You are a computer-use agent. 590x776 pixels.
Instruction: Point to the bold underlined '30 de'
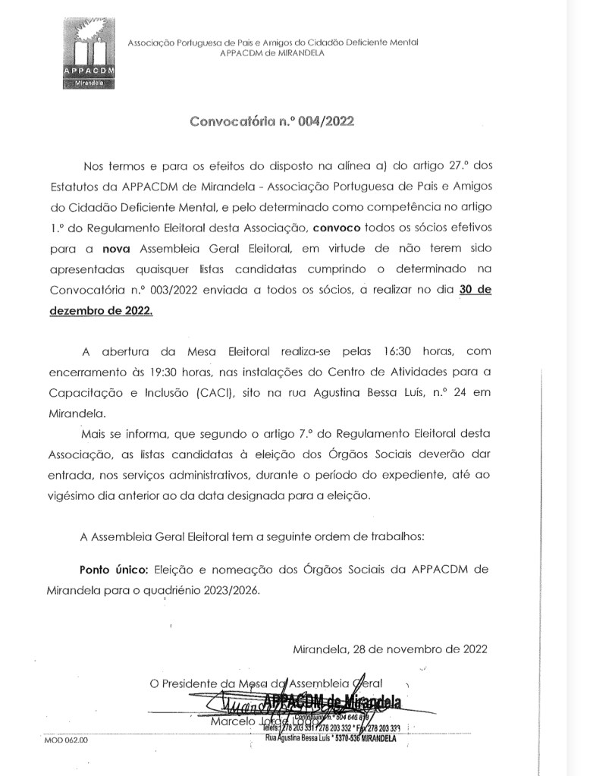tap(475, 289)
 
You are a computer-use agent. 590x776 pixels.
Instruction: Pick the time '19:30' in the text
tap(195, 373)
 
